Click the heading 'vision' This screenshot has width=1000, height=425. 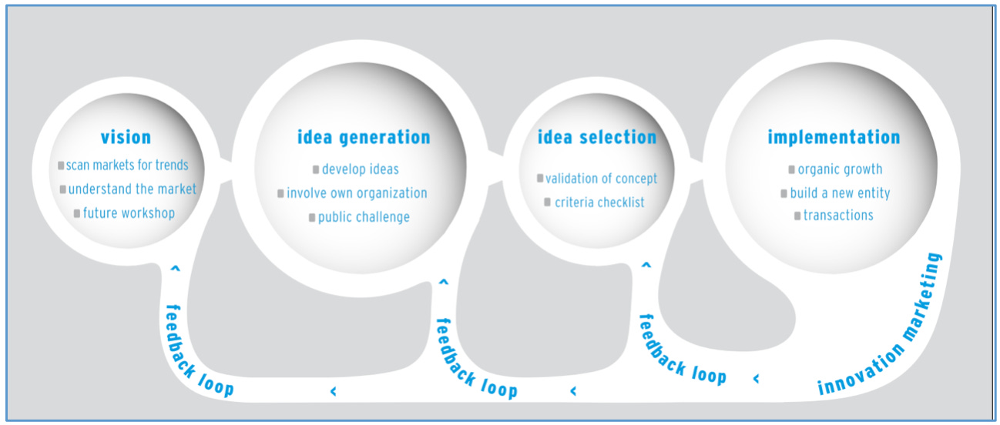pyautogui.click(x=126, y=138)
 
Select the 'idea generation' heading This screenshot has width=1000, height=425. pyautogui.click(x=364, y=137)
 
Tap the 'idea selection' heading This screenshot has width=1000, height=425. pyautogui.click(x=597, y=138)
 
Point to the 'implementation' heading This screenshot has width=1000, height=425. pyautogui.click(x=834, y=137)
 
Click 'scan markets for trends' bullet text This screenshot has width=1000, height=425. pyautogui.click(x=127, y=165)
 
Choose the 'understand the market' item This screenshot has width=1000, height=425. pyautogui.click(x=133, y=189)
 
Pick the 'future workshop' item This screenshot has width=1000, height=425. pyautogui.click(x=129, y=212)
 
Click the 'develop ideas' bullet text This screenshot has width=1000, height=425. pyautogui.click(x=361, y=169)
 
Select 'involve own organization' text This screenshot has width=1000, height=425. pyautogui.click(x=357, y=193)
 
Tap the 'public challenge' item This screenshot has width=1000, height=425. pyautogui.click(x=364, y=217)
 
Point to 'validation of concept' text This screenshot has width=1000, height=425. pyautogui.click(x=602, y=179)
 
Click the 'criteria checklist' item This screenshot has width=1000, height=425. pyautogui.click(x=599, y=202)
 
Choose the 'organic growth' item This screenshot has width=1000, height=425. pyautogui.click(x=840, y=169)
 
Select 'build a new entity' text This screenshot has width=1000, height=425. pyautogui.click(x=840, y=193)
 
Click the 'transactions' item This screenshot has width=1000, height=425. pyautogui.click(x=838, y=216)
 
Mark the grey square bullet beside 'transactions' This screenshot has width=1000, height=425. pyautogui.click(x=798, y=216)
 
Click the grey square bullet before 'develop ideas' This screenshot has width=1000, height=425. pyautogui.click(x=316, y=170)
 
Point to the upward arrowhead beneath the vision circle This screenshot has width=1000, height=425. pyautogui.click(x=175, y=269)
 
